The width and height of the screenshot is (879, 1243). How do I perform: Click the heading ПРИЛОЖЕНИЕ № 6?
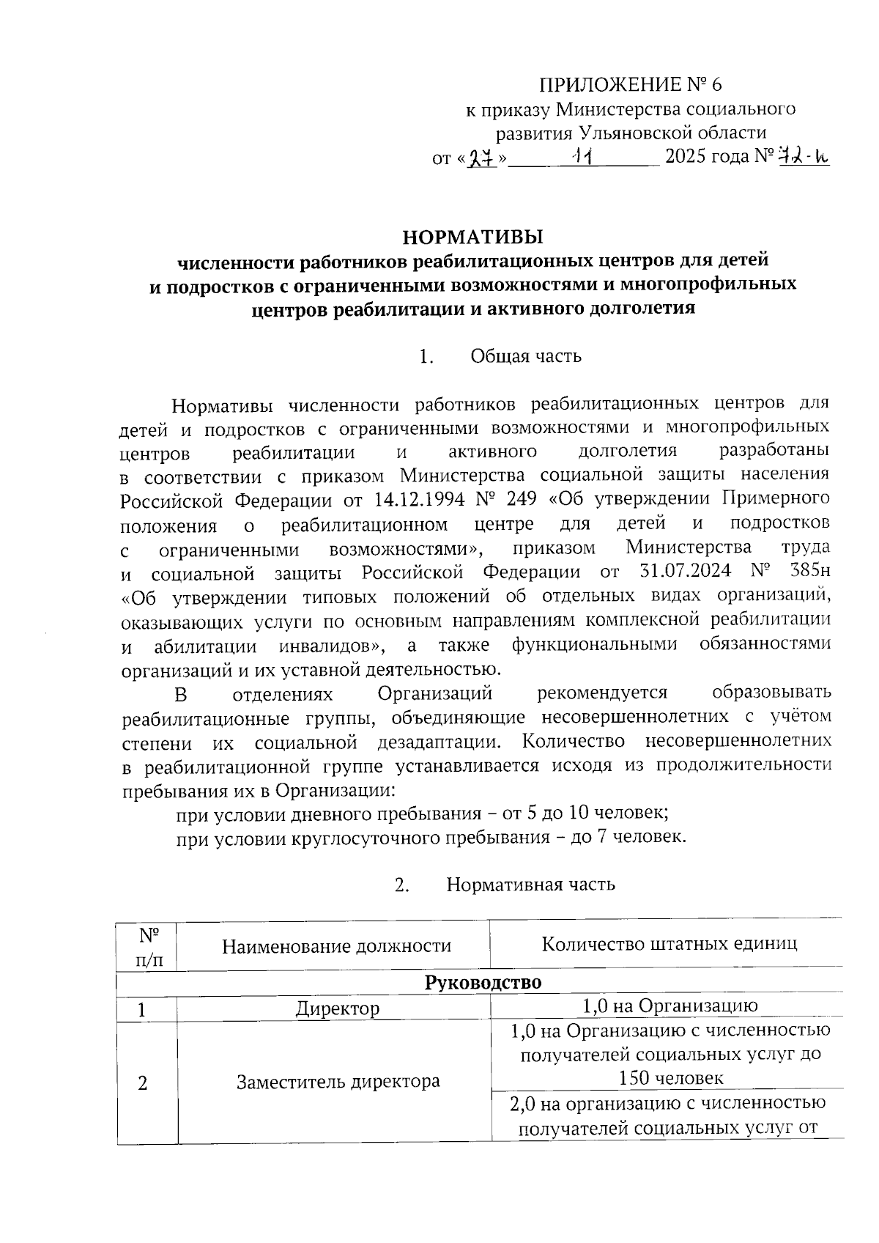pyautogui.click(x=631, y=85)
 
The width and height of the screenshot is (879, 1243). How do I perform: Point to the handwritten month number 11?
pyautogui.click(x=585, y=156)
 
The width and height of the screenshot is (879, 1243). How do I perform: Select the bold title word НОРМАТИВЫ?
pyautogui.click(x=474, y=237)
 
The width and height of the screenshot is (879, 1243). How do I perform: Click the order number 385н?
pyautogui.click(x=811, y=572)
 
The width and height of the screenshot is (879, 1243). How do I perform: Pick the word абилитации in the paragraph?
pyautogui.click(x=205, y=646)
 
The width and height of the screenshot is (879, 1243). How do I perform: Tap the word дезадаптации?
pyautogui.click(x=439, y=742)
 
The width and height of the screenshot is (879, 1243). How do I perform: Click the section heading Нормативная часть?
pyautogui.click(x=530, y=885)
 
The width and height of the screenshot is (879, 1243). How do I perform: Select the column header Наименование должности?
pyautogui.click(x=336, y=946)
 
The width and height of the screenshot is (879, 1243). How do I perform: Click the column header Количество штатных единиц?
pyautogui.click(x=669, y=943)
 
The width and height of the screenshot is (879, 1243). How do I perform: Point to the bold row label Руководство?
pyautogui.click(x=483, y=982)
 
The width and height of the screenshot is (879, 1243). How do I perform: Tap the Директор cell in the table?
pyautogui.click(x=338, y=1008)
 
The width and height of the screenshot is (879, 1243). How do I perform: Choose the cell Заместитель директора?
pyautogui.click(x=338, y=1082)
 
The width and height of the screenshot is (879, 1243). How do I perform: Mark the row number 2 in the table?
pyautogui.click(x=143, y=1082)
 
